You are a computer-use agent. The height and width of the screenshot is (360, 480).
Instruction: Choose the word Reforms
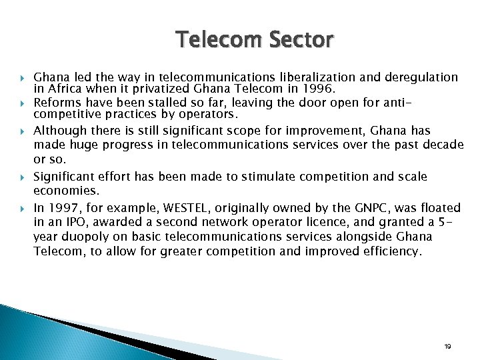(x=55, y=103)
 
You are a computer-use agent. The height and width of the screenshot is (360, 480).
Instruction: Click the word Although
(x=58, y=131)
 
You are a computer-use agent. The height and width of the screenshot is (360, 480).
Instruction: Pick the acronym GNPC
(x=357, y=207)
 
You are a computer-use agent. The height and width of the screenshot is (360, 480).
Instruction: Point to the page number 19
(x=447, y=347)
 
